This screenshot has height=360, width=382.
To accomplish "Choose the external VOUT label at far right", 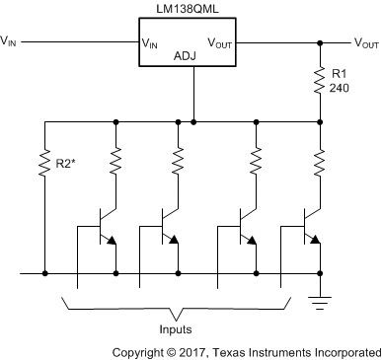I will (x=365, y=42).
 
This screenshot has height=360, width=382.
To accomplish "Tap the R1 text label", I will (x=339, y=73).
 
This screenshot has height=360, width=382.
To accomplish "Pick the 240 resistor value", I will (x=341, y=87).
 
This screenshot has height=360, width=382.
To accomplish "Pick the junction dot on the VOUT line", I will (x=320, y=42).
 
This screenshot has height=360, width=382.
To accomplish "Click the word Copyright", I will (x=140, y=350).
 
